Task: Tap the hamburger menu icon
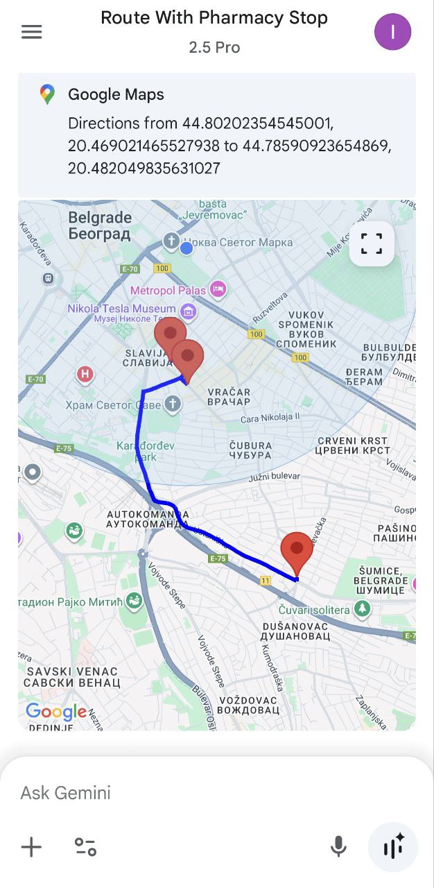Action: click(x=32, y=32)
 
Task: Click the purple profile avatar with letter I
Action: click(x=392, y=32)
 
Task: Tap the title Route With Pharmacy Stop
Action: click(x=214, y=18)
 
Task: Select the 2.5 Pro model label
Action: click(x=214, y=47)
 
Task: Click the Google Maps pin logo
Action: click(x=47, y=95)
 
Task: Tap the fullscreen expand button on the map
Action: click(x=372, y=244)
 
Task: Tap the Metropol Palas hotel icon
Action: click(x=218, y=289)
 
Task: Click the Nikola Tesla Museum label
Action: click(x=121, y=309)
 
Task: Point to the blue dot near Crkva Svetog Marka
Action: click(x=186, y=248)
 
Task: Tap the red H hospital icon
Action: click(x=85, y=375)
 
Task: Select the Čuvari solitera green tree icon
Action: click(x=362, y=609)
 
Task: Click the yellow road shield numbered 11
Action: click(x=266, y=580)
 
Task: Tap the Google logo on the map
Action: click(x=55, y=712)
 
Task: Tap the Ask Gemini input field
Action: click(x=173, y=793)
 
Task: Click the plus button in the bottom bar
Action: click(x=31, y=847)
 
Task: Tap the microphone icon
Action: click(x=338, y=847)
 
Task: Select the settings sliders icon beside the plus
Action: click(x=85, y=847)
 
